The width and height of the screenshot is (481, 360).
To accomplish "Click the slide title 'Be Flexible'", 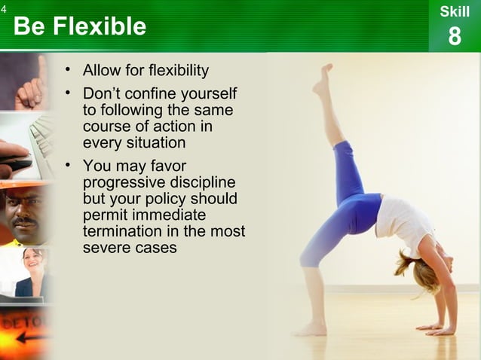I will (79, 27).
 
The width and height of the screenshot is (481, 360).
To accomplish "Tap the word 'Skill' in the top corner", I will (454, 12).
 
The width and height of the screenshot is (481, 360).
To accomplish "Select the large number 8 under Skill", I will (454, 36).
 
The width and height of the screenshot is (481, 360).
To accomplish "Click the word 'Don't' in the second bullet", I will (103, 95).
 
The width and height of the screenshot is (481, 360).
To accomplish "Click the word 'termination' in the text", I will (122, 231).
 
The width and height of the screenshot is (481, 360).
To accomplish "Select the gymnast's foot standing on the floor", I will (310, 329).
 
